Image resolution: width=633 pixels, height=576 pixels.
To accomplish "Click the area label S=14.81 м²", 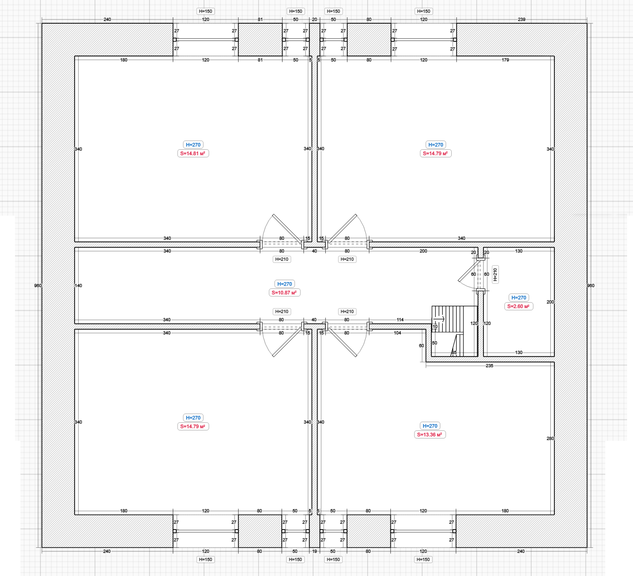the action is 193,153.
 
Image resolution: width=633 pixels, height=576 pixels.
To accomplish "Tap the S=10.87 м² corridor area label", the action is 284,293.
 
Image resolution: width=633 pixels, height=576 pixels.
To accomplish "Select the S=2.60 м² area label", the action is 518,306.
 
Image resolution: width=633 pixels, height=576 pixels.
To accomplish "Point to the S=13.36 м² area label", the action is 429,435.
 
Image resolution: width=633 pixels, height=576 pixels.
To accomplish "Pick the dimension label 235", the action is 489,366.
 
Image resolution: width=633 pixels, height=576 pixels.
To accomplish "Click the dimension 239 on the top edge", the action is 521,20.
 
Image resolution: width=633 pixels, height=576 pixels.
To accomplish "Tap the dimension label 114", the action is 400,320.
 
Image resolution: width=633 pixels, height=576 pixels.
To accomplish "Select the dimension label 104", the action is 398,333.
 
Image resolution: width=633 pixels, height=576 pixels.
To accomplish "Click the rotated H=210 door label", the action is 495,274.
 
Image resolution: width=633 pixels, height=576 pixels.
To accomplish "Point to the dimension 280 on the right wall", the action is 550,439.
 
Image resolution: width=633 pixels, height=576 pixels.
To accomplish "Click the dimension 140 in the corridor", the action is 79,286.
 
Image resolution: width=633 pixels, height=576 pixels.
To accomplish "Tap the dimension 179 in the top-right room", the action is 505,60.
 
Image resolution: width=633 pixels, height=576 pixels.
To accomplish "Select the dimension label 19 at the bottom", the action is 314,551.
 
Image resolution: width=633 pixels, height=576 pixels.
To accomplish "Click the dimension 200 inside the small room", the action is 550,302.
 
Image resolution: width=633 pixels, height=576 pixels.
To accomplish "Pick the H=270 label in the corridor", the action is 284,284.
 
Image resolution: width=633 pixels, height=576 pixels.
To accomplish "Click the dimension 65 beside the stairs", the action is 454,353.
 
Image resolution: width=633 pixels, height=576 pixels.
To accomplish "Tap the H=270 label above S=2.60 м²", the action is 518,298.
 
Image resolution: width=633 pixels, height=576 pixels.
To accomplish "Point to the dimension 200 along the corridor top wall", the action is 423,251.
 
